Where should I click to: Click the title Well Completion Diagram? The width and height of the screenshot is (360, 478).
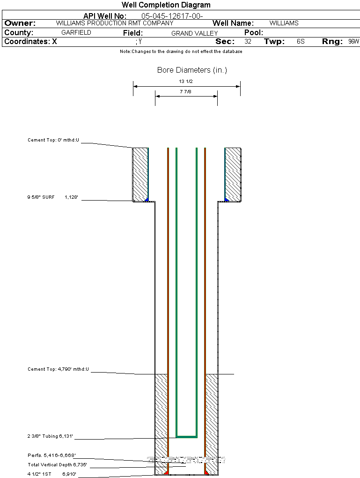pos(166,5)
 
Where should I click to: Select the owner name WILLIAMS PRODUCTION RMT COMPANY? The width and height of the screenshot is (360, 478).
pos(114,23)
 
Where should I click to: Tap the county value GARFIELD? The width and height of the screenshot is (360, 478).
pos(76,33)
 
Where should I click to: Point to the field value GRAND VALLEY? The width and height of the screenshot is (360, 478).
pos(194,33)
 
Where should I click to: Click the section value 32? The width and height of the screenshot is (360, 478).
pos(248,42)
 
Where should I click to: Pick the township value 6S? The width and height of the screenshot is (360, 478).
pos(301,42)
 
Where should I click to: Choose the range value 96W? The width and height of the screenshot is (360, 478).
pos(353,42)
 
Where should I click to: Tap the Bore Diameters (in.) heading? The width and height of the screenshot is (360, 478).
pos(192,70)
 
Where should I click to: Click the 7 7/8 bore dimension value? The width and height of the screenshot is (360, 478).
pos(186,92)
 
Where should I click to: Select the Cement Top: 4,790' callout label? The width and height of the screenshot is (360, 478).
pos(58,370)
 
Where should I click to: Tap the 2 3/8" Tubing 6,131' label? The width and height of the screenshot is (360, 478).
pos(50,436)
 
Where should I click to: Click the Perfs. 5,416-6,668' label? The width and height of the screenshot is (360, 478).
pos(51,455)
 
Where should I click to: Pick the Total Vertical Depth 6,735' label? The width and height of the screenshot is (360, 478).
pos(57,465)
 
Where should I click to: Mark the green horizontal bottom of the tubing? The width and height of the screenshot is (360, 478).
pos(186,436)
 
